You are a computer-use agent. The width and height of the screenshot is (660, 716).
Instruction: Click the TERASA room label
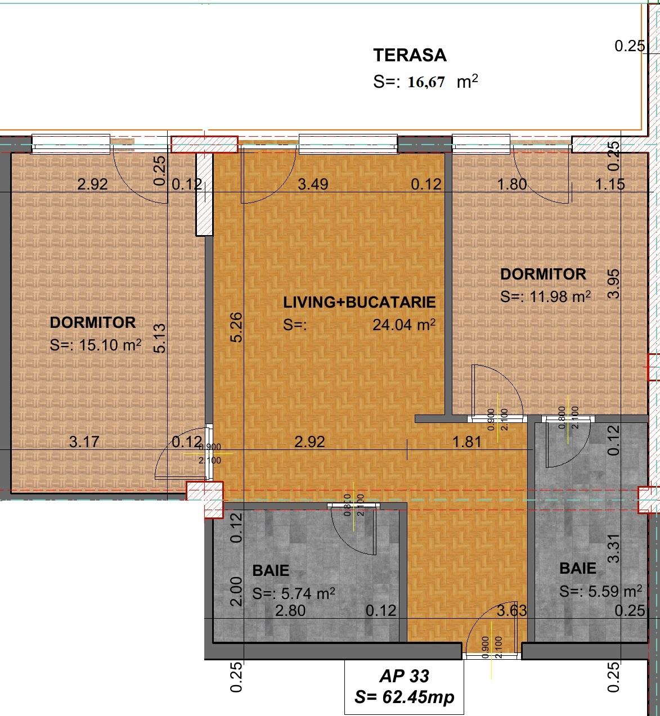click(x=410, y=55)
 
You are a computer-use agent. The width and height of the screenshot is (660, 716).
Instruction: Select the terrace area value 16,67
click(x=426, y=82)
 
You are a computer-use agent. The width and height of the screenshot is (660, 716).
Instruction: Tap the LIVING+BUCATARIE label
click(x=359, y=302)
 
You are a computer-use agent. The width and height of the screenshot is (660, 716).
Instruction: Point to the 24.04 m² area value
click(x=403, y=325)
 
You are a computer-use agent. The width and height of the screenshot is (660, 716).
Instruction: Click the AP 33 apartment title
click(x=404, y=676)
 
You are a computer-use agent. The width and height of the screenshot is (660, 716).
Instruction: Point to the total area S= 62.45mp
click(x=404, y=697)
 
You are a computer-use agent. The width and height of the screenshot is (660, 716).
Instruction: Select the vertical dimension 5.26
click(x=237, y=327)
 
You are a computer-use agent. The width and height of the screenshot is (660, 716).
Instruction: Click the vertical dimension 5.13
click(x=159, y=337)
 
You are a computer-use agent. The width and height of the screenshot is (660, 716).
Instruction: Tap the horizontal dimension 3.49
click(x=313, y=184)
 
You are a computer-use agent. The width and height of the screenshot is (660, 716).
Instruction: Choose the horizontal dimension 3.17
click(x=84, y=442)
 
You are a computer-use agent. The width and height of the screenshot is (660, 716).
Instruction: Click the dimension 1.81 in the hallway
click(x=467, y=442)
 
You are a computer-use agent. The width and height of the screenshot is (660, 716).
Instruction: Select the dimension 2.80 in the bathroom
click(x=290, y=610)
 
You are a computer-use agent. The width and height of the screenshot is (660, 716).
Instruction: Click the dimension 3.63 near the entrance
click(x=511, y=610)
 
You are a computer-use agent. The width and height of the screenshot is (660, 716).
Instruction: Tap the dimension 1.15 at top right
click(x=610, y=184)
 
